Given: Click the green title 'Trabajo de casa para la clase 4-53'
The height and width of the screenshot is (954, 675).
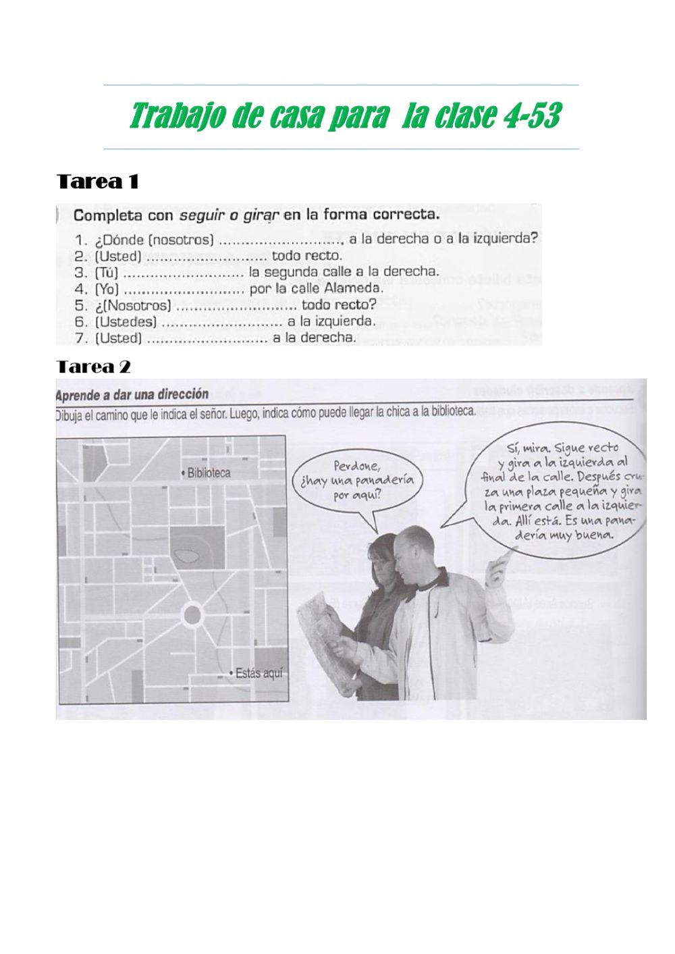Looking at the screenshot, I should click(344, 117).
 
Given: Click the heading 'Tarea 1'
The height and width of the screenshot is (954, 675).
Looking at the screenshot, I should click(98, 182).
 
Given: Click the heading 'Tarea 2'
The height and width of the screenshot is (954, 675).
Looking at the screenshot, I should click(94, 367).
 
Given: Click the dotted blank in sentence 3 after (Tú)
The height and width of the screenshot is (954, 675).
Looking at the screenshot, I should click(184, 272).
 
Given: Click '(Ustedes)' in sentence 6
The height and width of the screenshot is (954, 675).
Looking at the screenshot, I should click(126, 321).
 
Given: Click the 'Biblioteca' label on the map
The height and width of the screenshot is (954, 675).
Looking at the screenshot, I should click(209, 473).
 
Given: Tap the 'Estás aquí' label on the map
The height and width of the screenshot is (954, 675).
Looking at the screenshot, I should click(259, 673).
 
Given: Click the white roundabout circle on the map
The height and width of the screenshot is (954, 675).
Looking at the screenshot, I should click(192, 615).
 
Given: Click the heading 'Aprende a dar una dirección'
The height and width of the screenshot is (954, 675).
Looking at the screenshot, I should click(133, 394).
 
